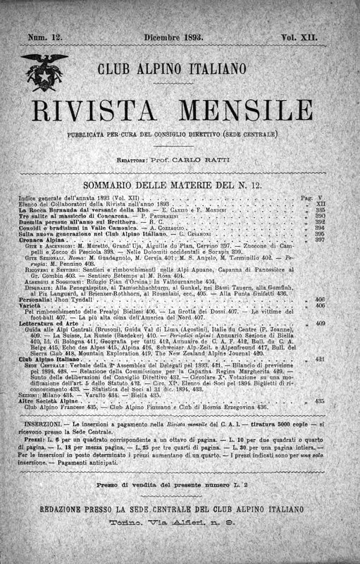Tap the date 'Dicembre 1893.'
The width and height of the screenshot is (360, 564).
[173, 35]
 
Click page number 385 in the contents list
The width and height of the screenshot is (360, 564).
[320, 211]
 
